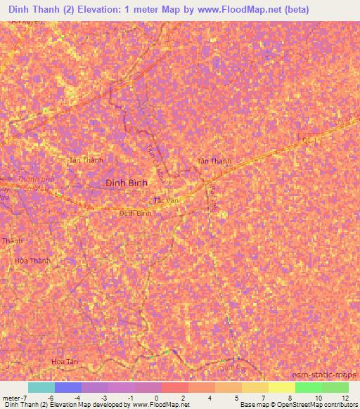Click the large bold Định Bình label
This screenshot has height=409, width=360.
pyautogui.click(x=126, y=182)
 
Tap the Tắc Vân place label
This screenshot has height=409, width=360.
pyautogui.click(x=165, y=200)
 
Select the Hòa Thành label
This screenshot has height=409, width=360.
pyautogui.click(x=32, y=261)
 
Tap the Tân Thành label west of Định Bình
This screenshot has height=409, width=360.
pyautogui.click(x=85, y=160)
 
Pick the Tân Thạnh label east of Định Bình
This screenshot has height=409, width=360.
pyautogui.click(x=214, y=161)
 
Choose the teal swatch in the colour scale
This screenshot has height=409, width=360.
pyautogui.click(x=41, y=387)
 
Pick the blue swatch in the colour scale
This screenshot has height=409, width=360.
pyautogui.click(x=68, y=387)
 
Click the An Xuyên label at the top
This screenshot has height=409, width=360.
pyautogui.click(x=28, y=22)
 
